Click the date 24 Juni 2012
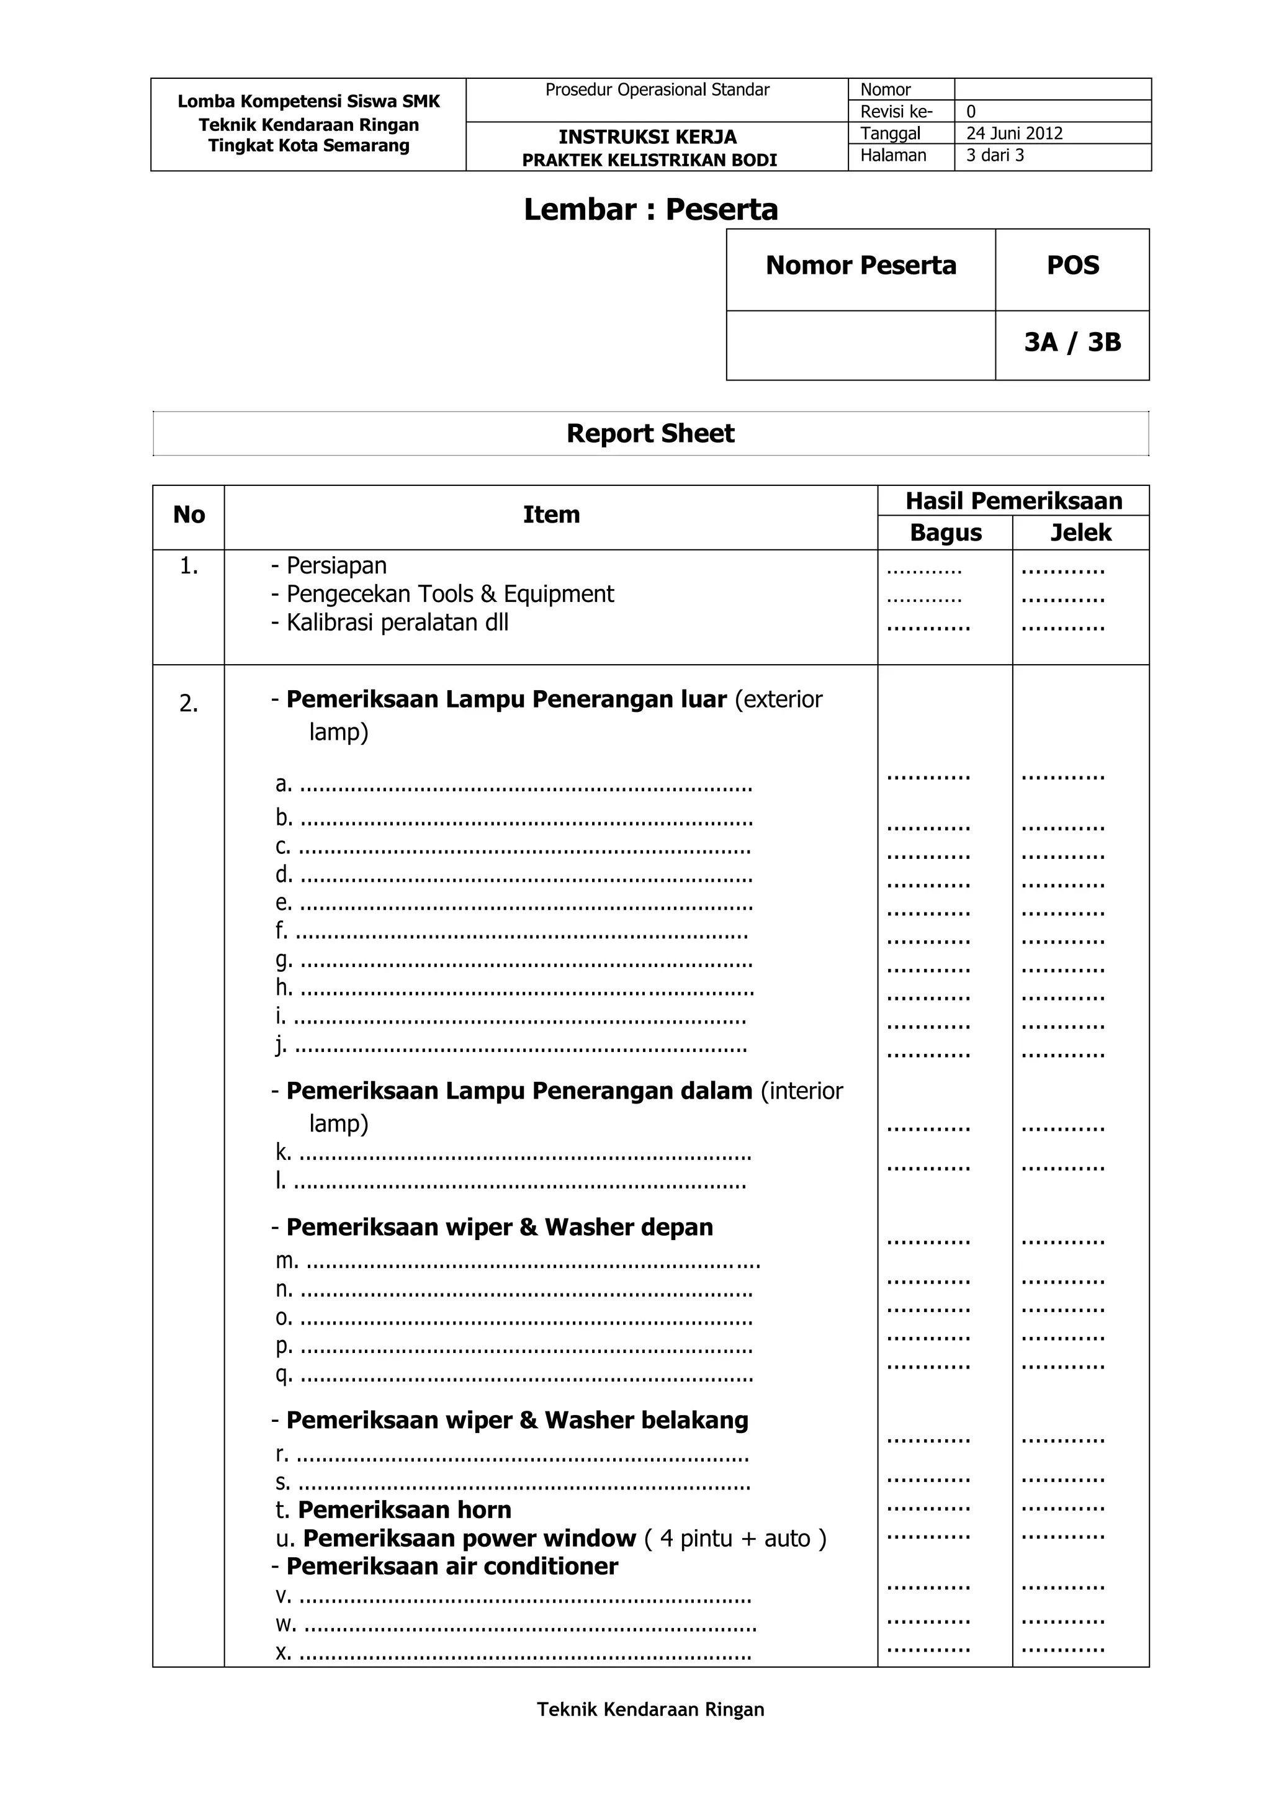1014,133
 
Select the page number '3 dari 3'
995,155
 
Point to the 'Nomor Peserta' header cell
861,266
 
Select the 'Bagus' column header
945,533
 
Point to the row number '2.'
189,703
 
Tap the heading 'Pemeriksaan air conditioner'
452,1567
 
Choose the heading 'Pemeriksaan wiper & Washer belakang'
517,1420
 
